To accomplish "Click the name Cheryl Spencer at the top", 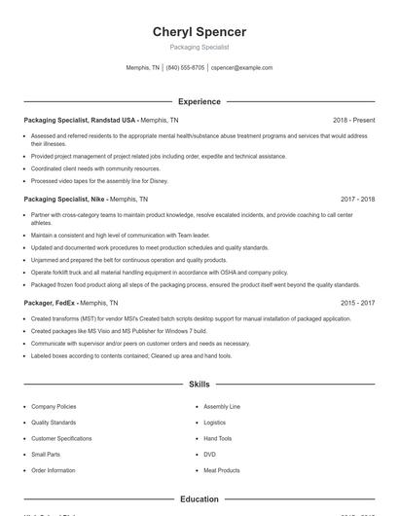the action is tap(199, 31).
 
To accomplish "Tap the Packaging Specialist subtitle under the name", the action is tap(199, 47).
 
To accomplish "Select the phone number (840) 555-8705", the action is tap(185, 68).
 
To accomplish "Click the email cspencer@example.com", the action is tap(241, 68).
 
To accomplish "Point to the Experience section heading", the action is tap(199, 101).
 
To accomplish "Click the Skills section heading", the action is tap(199, 385).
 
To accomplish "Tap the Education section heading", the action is tap(199, 499).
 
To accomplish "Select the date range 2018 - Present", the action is tap(353, 120).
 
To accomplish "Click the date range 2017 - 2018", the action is tap(357, 199).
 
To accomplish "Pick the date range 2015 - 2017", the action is tap(357, 303).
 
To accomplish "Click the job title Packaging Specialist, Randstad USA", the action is tap(81, 120).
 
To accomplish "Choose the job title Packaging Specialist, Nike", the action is tap(64, 199).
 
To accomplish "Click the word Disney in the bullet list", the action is tap(159, 181).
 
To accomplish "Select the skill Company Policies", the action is tap(54, 406).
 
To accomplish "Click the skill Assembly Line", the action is tap(222, 406).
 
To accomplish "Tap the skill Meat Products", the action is tap(222, 470).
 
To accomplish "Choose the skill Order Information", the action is tap(53, 470).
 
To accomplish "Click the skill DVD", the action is tap(209, 455).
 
